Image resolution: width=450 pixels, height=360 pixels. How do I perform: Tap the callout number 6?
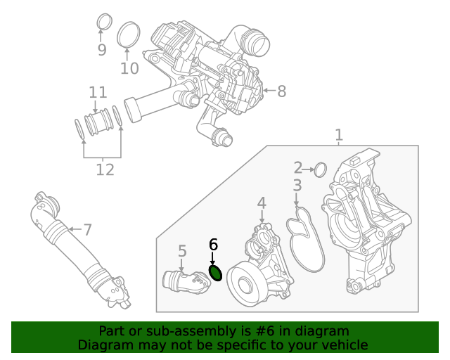click(x=214, y=245)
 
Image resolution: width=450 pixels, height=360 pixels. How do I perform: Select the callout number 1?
click(x=339, y=134)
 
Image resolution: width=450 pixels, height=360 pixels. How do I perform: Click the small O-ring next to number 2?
click(x=320, y=169)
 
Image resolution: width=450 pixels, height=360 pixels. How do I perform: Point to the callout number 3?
click(x=297, y=186)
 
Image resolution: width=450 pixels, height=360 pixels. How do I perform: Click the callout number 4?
click(x=262, y=203)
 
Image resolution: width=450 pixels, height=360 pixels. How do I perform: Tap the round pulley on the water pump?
click(x=245, y=285)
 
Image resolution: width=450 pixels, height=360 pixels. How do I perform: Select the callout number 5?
click(x=182, y=251)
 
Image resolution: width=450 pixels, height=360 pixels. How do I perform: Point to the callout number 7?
click(x=87, y=229)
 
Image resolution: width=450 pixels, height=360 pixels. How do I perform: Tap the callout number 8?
click(x=281, y=91)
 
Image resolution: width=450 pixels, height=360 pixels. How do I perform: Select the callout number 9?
click(x=102, y=50)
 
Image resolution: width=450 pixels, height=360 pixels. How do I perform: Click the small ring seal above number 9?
click(x=103, y=21)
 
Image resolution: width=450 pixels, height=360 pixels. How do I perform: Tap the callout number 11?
click(x=98, y=93)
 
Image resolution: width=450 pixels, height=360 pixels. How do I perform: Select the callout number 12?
click(x=104, y=169)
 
